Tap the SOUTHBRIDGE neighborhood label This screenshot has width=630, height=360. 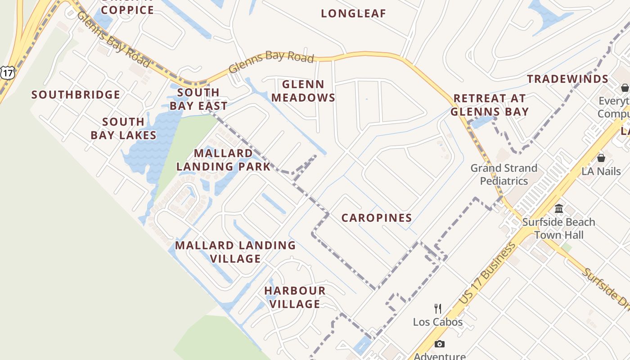(76, 95)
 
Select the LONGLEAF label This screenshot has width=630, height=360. (354, 13)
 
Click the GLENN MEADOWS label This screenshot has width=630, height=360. (303, 91)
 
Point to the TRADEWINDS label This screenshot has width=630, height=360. (568, 79)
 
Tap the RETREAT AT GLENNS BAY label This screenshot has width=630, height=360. (490, 105)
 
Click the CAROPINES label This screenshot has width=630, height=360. (377, 218)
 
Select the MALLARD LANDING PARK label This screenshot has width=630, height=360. (223, 160)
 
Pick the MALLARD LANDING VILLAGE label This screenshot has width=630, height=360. (235, 252)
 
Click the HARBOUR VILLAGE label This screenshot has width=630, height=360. (295, 297)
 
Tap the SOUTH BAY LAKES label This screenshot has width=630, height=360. (123, 128)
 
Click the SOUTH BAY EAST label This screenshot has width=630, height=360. (198, 99)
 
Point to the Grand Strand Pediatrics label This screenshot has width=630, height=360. (504, 175)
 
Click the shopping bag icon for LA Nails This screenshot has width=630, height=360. (601, 158)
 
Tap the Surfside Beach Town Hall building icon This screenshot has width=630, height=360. (559, 208)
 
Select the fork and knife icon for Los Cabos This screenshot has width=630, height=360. (437, 308)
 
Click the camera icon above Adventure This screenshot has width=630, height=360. (439, 344)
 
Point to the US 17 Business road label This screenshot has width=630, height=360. (487, 274)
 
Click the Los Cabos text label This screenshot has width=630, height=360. (437, 322)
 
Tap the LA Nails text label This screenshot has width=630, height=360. (601, 171)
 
